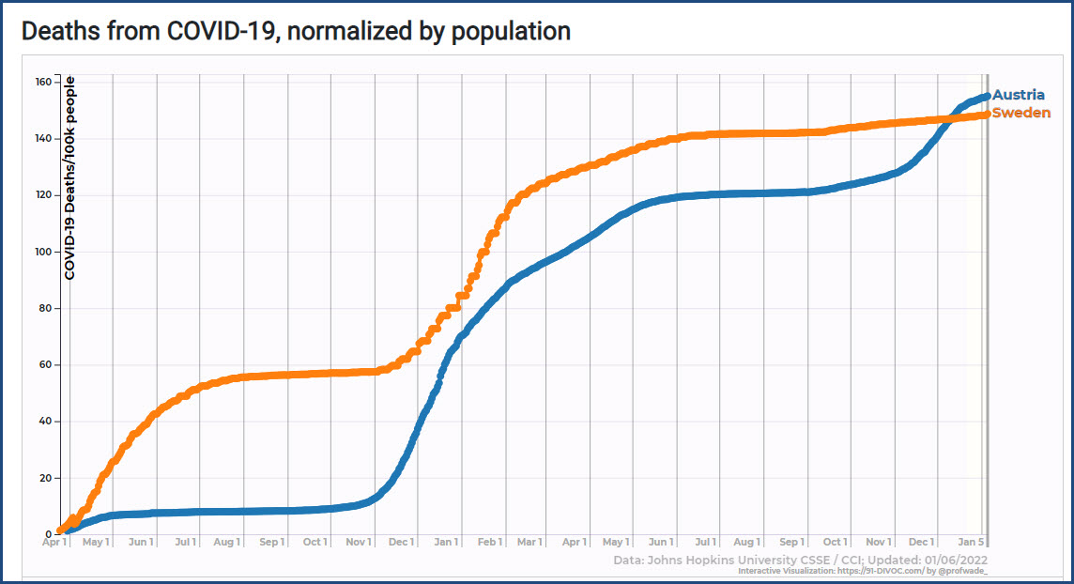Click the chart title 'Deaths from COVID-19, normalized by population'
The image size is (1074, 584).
click(x=296, y=31)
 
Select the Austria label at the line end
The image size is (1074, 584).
click(x=1019, y=95)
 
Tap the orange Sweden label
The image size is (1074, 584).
click(x=1021, y=113)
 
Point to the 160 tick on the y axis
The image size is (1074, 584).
click(x=43, y=82)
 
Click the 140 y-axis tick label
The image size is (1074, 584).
click(x=43, y=138)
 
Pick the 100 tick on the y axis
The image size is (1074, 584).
click(x=43, y=252)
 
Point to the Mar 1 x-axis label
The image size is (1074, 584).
click(x=529, y=542)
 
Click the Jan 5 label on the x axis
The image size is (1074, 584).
click(x=972, y=542)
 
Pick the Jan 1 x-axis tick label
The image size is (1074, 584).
click(x=445, y=542)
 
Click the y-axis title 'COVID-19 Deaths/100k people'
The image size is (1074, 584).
click(x=69, y=178)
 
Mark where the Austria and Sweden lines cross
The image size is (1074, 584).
click(x=953, y=118)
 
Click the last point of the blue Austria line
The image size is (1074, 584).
click(x=986, y=96)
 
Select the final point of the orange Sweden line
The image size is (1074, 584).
click(x=986, y=115)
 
